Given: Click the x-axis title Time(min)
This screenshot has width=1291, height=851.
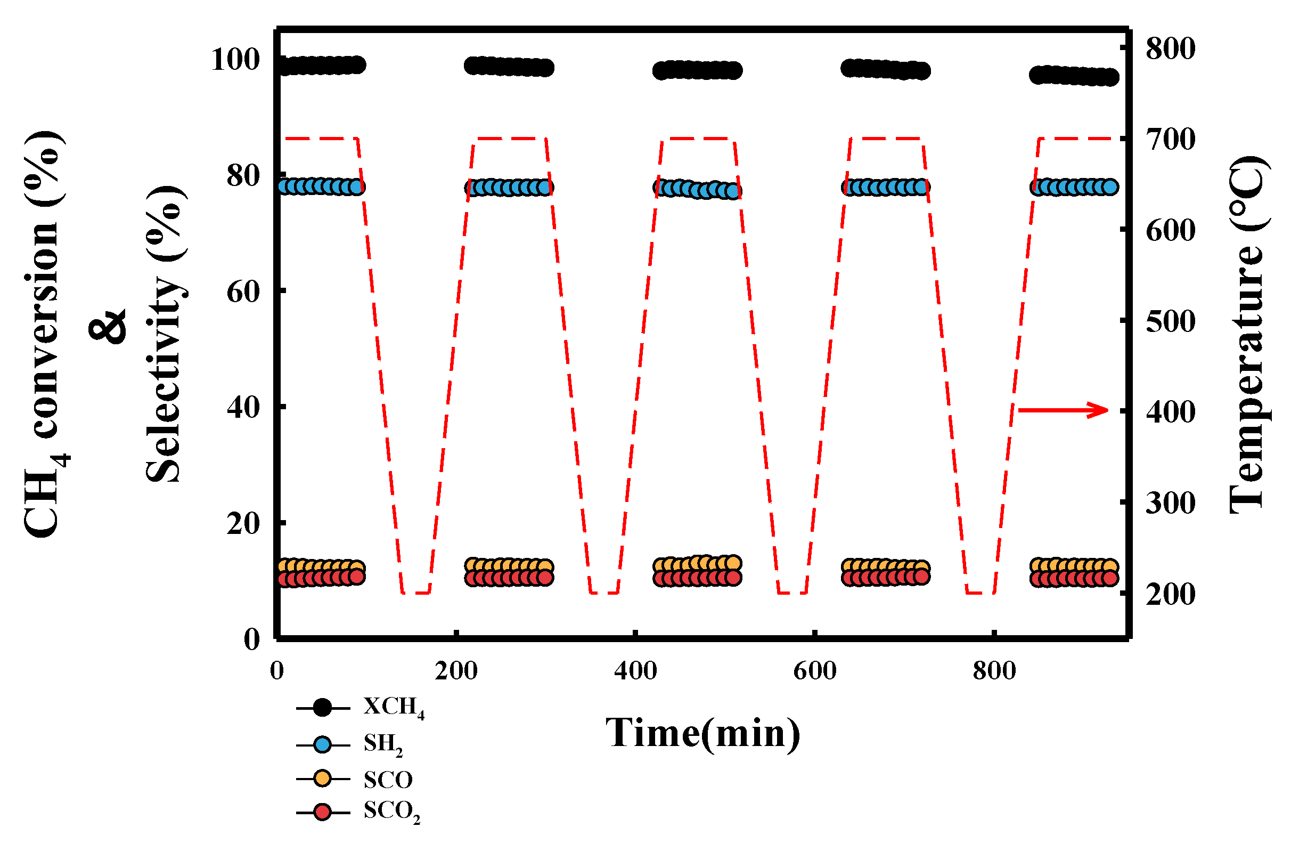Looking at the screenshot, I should (702, 733).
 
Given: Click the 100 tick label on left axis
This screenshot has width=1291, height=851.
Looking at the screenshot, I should (235, 59).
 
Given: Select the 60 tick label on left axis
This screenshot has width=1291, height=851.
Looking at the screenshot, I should (243, 292).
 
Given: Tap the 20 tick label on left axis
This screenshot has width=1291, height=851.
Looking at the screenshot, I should (243, 523).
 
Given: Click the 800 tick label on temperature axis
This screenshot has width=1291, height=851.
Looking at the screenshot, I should (1170, 49).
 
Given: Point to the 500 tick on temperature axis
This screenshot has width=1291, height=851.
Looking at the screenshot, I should (1170, 321).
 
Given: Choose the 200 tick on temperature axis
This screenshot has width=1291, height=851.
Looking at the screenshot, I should (1170, 594).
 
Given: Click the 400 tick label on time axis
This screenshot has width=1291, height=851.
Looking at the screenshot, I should (635, 671).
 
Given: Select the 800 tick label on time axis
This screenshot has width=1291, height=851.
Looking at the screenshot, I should (994, 671).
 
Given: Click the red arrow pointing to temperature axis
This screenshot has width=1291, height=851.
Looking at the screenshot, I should (1064, 410).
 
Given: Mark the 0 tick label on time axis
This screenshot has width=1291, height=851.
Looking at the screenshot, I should (276, 671).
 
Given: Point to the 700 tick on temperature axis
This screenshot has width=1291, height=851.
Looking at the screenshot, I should (1170, 140).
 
